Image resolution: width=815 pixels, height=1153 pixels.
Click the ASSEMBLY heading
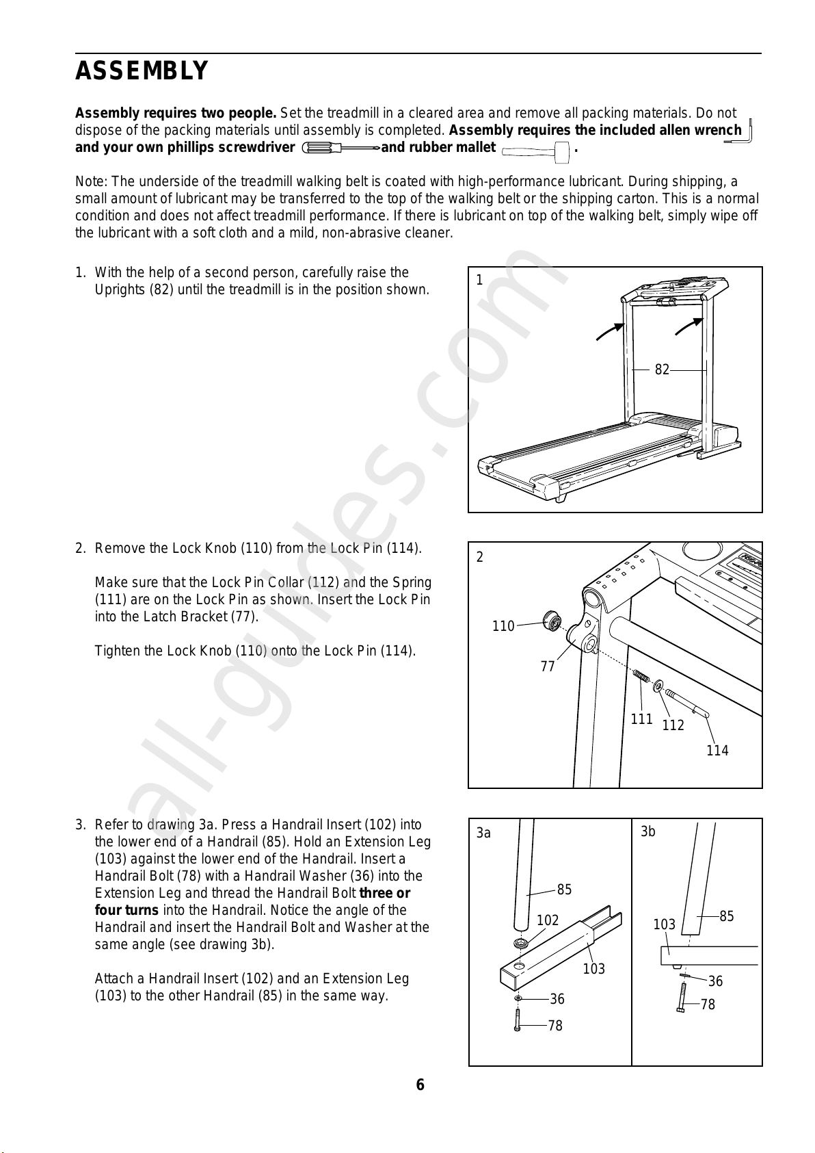click(x=142, y=71)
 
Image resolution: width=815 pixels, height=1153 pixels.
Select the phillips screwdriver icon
click(x=340, y=148)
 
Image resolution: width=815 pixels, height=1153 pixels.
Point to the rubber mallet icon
click(x=536, y=152)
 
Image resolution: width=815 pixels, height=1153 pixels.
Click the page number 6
click(x=420, y=1085)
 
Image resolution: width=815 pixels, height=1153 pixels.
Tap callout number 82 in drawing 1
click(x=662, y=370)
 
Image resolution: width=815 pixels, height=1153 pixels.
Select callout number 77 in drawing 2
click(x=548, y=666)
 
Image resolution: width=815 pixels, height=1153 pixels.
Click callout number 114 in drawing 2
click(x=717, y=751)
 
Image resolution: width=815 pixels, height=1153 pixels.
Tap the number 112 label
click(x=673, y=725)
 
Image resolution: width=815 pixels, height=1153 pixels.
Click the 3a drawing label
click(x=483, y=833)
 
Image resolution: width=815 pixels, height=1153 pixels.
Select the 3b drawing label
click(x=648, y=832)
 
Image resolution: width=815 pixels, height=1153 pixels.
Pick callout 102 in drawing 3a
click(x=548, y=920)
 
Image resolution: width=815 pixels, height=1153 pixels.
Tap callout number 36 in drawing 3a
click(x=557, y=999)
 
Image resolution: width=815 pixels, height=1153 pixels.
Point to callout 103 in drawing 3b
click(x=664, y=924)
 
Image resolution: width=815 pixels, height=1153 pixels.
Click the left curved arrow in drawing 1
click(x=611, y=331)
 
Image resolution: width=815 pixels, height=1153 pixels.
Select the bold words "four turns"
click(x=126, y=910)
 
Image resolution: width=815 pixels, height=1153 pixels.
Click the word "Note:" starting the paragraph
click(x=92, y=182)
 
